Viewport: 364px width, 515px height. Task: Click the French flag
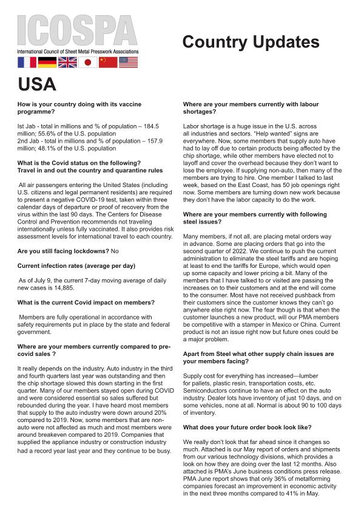coord(27,62)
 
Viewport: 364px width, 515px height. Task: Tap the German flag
coord(47,62)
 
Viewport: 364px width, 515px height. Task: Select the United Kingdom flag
coord(67,62)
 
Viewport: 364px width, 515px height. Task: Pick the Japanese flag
coord(88,62)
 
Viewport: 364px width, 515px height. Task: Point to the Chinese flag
coord(108,62)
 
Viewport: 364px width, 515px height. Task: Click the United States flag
coord(129,62)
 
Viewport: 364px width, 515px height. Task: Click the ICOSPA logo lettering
coord(77,30)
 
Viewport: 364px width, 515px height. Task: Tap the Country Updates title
coord(251,42)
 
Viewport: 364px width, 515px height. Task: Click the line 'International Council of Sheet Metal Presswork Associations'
coord(78,52)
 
